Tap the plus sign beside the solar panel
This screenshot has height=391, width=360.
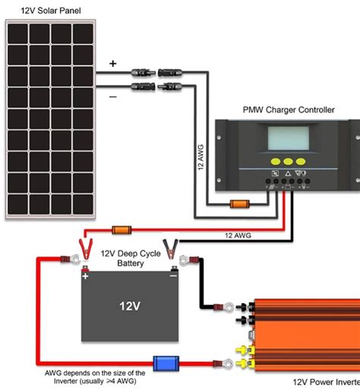[113, 65]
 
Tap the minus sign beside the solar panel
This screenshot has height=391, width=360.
[113, 96]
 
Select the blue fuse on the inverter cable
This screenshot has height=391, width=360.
[166, 364]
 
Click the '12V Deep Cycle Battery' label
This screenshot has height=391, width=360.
[131, 258]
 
